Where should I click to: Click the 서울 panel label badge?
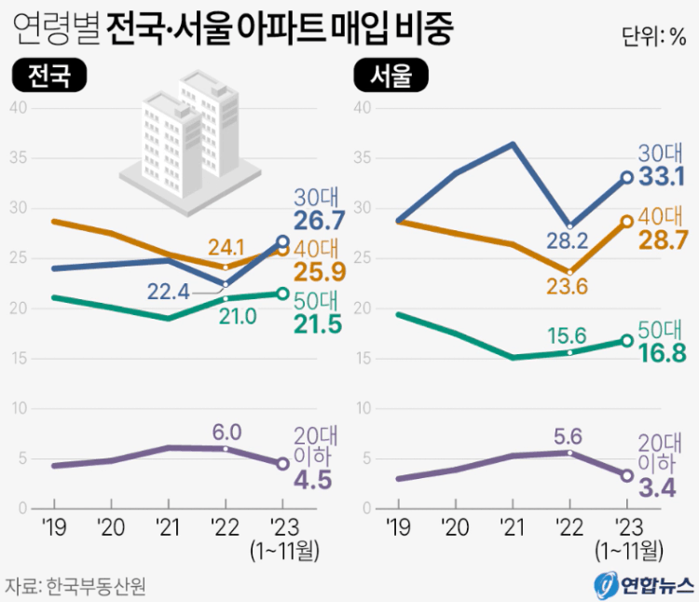(x=391, y=76)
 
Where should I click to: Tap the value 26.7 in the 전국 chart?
(x=320, y=221)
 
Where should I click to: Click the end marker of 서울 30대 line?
(x=627, y=177)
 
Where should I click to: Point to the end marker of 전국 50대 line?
(x=282, y=294)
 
